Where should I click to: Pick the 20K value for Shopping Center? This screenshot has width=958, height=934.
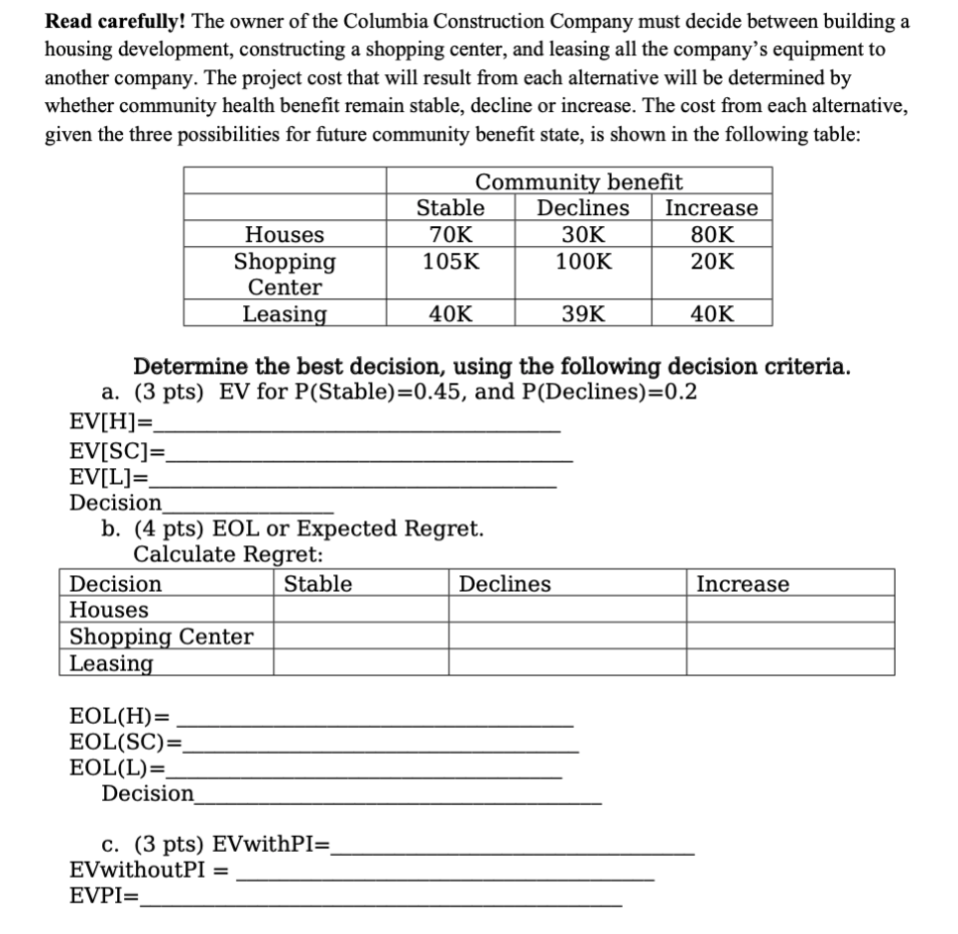point(711,262)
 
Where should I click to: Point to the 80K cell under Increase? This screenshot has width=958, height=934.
point(711,235)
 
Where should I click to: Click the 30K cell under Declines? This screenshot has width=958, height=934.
point(583,235)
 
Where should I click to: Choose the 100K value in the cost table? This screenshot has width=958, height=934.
point(583,262)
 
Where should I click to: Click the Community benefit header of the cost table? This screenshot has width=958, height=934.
point(578,181)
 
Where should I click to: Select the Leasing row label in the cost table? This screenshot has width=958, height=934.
point(285,314)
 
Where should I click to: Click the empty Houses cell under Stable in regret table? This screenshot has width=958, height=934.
point(360,610)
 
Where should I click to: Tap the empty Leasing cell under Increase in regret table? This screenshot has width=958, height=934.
point(789,662)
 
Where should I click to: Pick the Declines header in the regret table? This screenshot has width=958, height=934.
point(504,584)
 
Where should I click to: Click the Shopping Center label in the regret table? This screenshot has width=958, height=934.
point(161,637)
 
